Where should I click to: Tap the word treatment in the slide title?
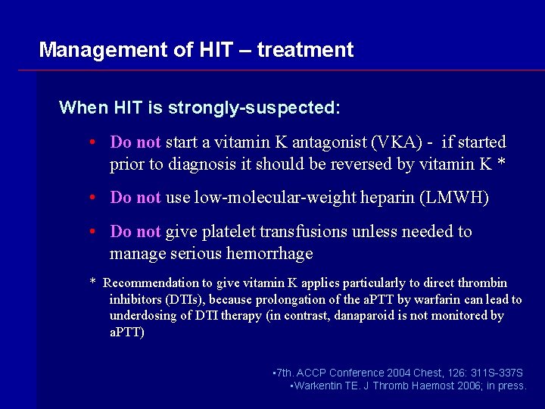305,51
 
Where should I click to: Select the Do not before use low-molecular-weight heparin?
135,198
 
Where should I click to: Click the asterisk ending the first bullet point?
502,164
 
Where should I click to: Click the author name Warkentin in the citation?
321,386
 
